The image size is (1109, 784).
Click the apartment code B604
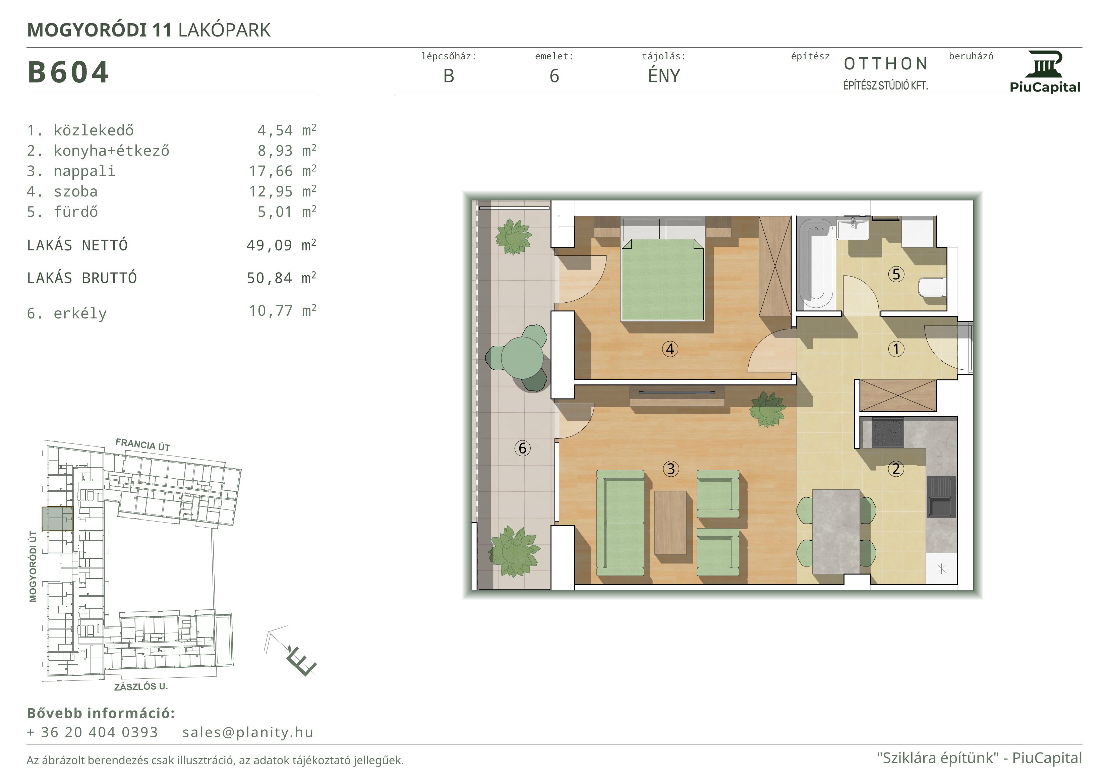point(68,72)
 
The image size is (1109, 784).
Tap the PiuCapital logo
point(1045,72)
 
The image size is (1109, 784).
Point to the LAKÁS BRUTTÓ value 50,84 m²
point(282,278)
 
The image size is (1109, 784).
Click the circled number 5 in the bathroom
point(896,274)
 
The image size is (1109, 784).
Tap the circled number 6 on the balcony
point(522,448)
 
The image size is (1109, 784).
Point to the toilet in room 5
point(933,288)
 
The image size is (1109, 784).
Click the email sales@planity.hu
point(248,732)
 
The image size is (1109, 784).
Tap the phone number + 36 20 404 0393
point(92,732)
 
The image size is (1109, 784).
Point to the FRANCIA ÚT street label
point(143,444)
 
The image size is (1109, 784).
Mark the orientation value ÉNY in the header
point(664,75)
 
